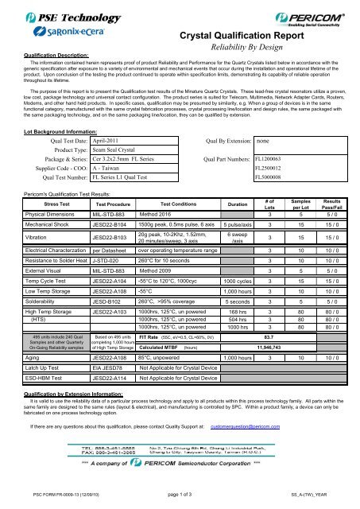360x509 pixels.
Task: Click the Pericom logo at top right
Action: [316, 16]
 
